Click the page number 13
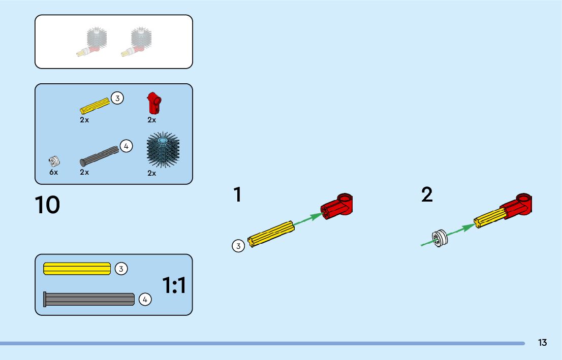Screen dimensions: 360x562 point(543,343)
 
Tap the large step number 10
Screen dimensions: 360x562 point(48,205)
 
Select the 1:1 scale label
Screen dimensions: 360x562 point(174,286)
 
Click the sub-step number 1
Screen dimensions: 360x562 point(237,195)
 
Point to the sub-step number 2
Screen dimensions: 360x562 point(427,195)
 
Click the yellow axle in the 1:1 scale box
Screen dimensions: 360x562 point(77,269)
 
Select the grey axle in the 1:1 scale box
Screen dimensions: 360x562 point(89,299)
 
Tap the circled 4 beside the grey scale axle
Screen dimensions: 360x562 point(145,300)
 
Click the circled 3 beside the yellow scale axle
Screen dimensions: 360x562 point(121,269)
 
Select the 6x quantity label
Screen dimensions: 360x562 point(54,172)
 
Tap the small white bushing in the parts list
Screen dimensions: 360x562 point(54,161)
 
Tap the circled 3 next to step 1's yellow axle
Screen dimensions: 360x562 point(238,246)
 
